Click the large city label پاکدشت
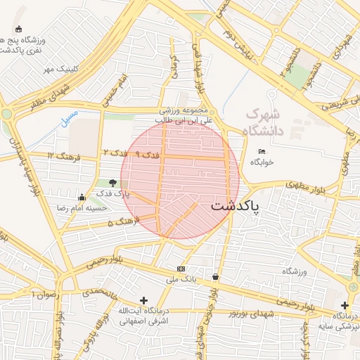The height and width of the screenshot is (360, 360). point(235,206)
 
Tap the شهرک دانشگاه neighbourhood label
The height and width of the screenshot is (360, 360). point(262,122)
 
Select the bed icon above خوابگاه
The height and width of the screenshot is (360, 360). point(262,151)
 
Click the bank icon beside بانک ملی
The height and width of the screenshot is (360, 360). point(182,269)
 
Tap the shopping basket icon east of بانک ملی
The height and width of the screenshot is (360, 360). point(215,277)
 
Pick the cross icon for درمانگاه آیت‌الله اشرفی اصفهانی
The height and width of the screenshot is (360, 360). point(144,300)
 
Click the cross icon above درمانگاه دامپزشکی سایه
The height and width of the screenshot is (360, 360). point(345,305)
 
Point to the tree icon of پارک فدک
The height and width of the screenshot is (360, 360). point(113,183)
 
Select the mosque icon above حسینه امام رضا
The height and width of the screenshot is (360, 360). point(82,197)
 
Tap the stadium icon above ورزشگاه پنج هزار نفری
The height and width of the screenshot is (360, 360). point(19,30)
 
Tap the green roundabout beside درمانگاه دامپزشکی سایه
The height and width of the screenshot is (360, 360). point(354,288)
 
